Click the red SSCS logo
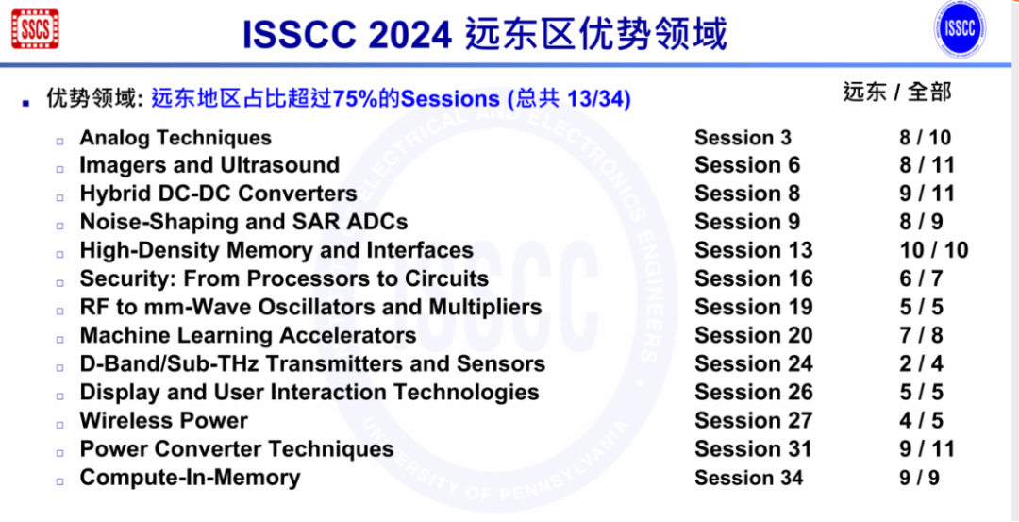35,29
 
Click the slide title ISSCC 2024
347,35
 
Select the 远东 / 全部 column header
896,93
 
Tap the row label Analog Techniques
175,138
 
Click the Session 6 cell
746,165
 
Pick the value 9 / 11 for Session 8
927,194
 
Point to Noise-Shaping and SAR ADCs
243,222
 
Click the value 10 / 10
933,250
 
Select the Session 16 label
753,278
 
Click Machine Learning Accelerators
247,335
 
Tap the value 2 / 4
920,363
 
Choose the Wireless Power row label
163,420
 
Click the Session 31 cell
753,448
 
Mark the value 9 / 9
919,478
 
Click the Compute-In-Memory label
190,478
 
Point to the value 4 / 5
920,420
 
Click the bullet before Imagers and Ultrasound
59,168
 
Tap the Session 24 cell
753,363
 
